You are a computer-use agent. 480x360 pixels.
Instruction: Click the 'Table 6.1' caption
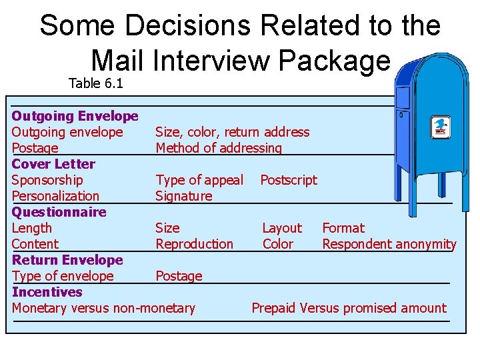tap(95, 83)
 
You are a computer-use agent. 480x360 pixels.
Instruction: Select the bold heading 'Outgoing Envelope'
tap(75, 116)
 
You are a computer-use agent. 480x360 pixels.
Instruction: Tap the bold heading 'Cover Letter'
tap(53, 164)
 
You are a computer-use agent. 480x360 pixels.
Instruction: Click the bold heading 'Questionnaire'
tap(59, 212)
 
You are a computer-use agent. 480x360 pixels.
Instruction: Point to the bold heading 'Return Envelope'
tap(67, 260)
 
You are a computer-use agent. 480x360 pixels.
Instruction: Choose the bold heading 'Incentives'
tap(47, 292)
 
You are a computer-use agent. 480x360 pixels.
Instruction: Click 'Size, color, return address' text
tap(232, 132)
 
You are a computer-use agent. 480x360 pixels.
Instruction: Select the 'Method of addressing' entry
tap(219, 148)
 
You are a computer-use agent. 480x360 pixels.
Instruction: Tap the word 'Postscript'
tap(289, 180)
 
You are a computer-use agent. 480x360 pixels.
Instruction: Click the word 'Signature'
tap(183, 196)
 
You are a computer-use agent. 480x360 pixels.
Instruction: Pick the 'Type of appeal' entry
tap(199, 180)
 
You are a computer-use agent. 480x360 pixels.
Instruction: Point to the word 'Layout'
tap(281, 228)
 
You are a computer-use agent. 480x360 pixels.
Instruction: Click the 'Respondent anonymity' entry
tap(389, 244)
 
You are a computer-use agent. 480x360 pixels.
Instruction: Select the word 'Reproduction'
tap(194, 244)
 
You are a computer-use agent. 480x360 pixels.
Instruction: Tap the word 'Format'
tap(343, 228)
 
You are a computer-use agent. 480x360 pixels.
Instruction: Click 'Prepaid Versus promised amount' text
tap(349, 308)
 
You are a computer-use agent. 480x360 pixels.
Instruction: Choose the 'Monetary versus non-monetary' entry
tap(103, 308)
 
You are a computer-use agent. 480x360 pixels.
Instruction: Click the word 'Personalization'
tap(55, 196)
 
